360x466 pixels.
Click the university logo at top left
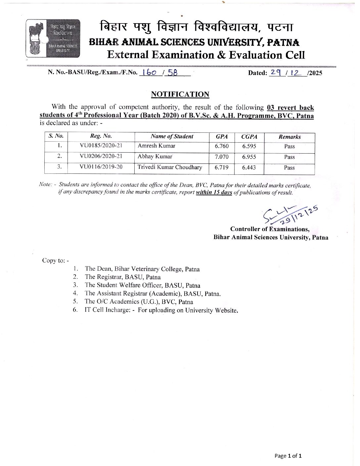[x=53, y=38]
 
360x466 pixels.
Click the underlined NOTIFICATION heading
[x=180, y=94]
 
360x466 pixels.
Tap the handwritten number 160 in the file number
[x=149, y=73]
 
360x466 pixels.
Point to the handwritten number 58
[x=172, y=73]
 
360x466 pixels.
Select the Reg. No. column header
[x=101, y=136]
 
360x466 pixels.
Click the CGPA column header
[x=249, y=137]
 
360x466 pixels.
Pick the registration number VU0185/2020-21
[x=101, y=146]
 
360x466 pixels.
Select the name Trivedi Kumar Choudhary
[x=170, y=167]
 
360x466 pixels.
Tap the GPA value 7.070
[x=221, y=157]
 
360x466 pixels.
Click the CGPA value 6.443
[x=249, y=167]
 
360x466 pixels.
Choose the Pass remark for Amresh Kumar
[x=289, y=146]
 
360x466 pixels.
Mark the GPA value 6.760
[x=221, y=146]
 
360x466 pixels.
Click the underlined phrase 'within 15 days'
[x=214, y=192]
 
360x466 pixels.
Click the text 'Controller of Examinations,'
[x=270, y=229]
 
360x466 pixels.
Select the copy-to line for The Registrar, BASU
[x=122, y=277]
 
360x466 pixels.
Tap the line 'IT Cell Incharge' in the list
[x=161, y=310]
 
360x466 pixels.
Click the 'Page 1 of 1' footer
[x=288, y=456]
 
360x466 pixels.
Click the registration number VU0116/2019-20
[x=101, y=167]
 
